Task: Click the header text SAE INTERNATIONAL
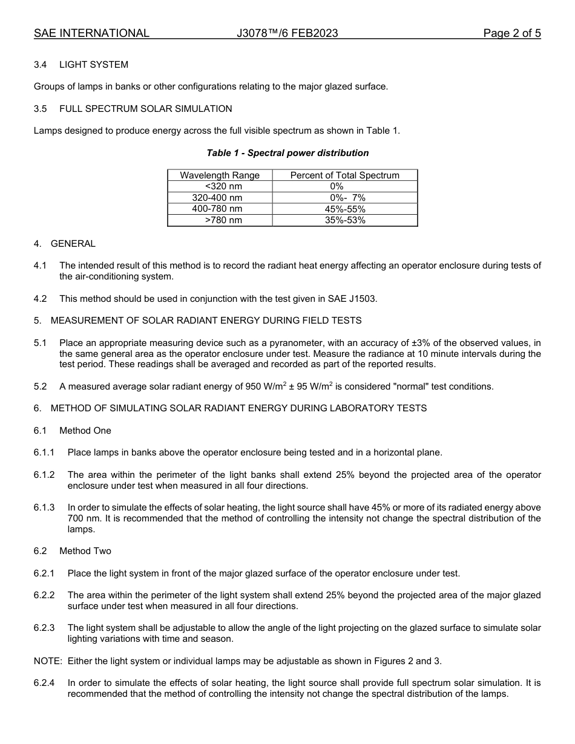click(91, 33)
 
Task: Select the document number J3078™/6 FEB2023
click(287, 33)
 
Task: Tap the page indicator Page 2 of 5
click(511, 33)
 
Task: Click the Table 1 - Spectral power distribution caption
click(287, 153)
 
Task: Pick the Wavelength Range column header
click(220, 175)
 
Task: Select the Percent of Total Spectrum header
click(345, 175)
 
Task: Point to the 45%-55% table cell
click(345, 209)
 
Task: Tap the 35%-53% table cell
click(345, 220)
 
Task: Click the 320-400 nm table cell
click(217, 198)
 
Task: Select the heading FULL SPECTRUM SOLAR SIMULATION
click(145, 109)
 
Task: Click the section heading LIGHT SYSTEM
click(94, 65)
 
